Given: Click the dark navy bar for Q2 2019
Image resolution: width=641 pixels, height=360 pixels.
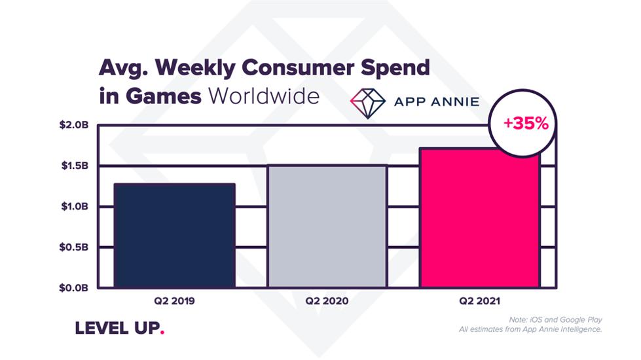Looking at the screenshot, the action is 175,236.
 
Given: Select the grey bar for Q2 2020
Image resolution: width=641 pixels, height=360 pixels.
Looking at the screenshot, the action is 327,226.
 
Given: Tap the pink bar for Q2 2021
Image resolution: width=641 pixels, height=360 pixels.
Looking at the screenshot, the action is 480,218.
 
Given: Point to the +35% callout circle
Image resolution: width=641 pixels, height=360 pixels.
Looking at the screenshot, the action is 523,123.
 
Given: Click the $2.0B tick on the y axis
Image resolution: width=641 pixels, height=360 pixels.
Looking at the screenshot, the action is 74,124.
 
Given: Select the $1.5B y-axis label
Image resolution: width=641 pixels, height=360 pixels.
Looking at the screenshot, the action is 75,166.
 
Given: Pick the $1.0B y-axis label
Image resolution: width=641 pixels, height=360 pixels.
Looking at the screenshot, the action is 75,206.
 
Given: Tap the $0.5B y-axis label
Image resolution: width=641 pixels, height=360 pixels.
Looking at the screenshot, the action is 74,247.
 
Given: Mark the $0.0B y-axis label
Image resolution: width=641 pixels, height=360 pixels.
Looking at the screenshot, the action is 74,288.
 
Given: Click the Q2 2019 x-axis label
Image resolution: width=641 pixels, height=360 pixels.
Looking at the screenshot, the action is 175,301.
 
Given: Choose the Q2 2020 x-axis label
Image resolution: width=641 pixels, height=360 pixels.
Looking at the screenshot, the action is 327,301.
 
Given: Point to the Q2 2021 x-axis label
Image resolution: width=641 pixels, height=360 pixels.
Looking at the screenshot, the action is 479,301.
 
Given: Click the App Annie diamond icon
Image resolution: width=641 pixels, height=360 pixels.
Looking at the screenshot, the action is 367,103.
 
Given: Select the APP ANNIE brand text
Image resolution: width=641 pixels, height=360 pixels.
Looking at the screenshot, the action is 437,101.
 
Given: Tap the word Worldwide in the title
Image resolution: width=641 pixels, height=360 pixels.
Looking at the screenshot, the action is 264,96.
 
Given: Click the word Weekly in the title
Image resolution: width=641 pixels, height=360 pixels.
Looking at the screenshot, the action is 195,68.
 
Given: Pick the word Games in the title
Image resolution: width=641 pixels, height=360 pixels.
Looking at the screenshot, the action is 164,96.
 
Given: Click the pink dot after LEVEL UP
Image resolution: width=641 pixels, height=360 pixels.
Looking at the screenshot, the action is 162,333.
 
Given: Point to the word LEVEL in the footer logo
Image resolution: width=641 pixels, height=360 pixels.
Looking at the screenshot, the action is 101,328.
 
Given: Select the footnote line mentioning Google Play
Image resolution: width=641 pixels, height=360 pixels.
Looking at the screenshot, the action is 555,319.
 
